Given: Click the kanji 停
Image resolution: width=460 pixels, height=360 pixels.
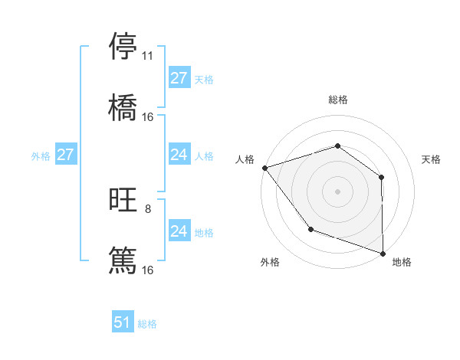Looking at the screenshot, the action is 123,47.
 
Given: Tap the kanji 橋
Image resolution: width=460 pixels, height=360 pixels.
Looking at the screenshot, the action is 123,106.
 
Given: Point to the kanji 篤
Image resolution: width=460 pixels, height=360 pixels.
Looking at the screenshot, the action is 123,260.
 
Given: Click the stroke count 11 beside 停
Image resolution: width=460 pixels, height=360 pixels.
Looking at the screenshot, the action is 147,57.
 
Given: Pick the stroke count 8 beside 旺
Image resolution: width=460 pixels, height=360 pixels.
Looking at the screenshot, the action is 147,209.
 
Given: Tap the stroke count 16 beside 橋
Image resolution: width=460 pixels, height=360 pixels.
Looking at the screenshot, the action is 147,116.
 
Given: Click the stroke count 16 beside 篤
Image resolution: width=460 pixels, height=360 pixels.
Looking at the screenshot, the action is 147,270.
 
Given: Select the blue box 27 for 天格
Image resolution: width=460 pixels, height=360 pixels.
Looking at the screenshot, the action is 179,79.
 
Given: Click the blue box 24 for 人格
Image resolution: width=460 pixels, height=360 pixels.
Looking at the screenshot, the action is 179,155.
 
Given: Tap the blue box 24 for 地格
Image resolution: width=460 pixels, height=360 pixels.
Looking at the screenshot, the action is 179,232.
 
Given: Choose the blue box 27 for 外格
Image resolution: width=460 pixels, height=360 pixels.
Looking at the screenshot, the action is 66,155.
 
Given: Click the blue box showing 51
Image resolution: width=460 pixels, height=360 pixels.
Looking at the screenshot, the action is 123,323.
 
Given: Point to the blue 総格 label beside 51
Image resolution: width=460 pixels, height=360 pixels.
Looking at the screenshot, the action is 147,324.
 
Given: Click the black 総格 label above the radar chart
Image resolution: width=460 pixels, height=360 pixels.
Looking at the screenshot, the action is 337,100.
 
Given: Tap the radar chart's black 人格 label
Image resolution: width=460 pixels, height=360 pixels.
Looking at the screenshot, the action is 245,159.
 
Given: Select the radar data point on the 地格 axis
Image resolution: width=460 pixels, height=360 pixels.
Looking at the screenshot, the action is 383,253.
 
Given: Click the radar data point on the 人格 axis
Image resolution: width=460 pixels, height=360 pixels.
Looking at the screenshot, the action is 264,168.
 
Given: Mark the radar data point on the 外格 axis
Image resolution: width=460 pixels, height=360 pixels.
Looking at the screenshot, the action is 310,228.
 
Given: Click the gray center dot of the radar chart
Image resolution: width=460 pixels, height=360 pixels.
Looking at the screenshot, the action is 337,191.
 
